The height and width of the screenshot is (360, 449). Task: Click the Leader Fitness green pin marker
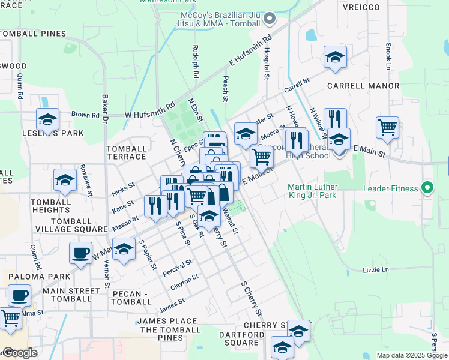tap(427, 188)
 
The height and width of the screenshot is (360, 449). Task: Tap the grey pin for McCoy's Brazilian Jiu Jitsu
tap(270, 19)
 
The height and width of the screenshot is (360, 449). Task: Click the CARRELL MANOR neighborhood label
tap(363, 86)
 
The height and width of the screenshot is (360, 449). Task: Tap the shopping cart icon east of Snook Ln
tap(387, 127)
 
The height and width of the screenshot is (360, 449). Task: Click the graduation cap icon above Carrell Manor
tap(335, 57)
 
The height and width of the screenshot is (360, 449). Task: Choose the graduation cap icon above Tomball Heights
tap(65, 179)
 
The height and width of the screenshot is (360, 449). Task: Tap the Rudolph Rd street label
tap(196, 62)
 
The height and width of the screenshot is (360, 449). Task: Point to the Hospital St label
tap(267, 64)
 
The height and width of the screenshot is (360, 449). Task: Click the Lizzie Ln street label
tap(376, 269)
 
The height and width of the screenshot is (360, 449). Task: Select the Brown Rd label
tap(85, 115)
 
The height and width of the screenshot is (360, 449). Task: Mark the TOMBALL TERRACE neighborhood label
tap(126, 152)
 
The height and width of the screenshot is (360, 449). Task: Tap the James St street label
tap(171, 309)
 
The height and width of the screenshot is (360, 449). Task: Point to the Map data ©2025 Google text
tap(412, 355)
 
